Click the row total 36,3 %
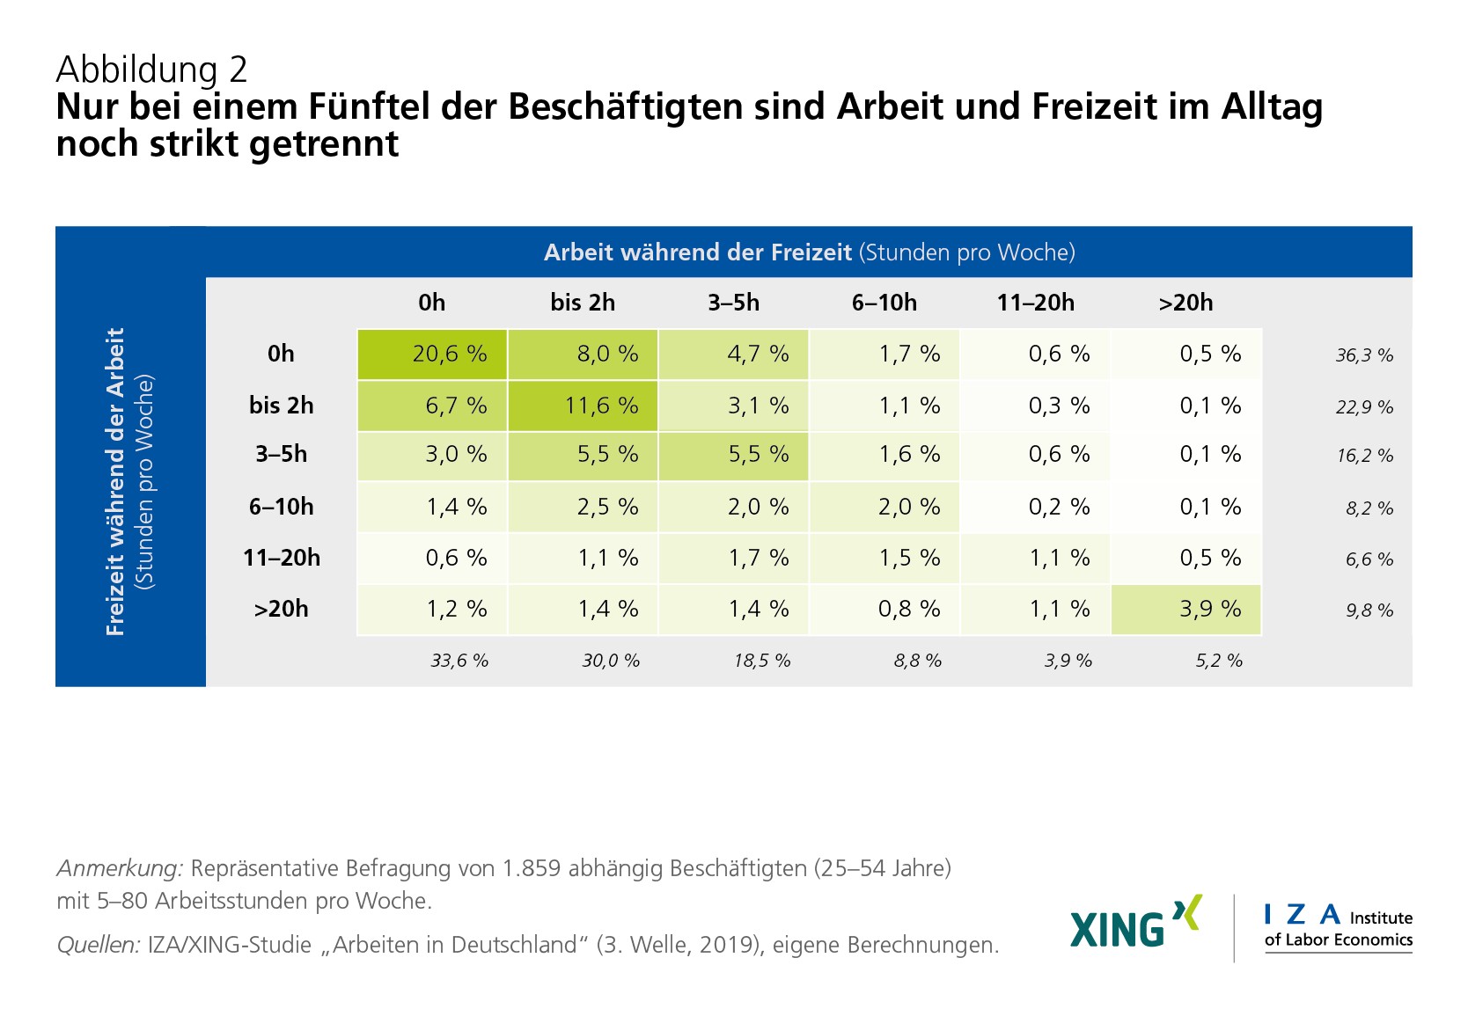click(1364, 355)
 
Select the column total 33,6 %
click(459, 661)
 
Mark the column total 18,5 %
click(762, 661)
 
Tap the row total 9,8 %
click(1369, 611)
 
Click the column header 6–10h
click(884, 303)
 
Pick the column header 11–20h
click(1035, 303)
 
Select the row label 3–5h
click(282, 454)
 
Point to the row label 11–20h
click(282, 558)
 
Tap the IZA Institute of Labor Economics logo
click(1338, 927)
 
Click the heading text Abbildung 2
click(151, 69)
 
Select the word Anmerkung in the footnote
click(120, 869)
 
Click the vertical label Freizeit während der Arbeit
click(115, 481)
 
